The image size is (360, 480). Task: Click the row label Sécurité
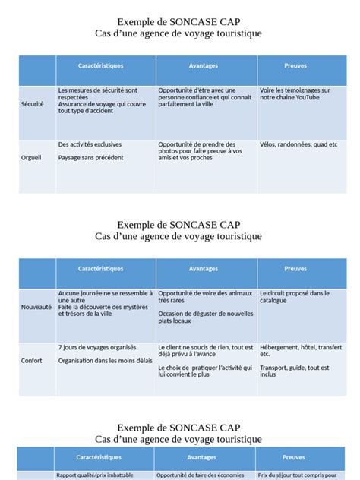[x=33, y=103]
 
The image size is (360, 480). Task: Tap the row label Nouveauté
[x=36, y=307]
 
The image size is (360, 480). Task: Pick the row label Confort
[x=32, y=361]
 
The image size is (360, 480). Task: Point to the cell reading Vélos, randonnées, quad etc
[x=298, y=144]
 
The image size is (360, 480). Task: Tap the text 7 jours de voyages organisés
[x=97, y=347]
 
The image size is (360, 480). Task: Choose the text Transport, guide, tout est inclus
[x=294, y=371]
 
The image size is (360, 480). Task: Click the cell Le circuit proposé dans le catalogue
[x=294, y=296]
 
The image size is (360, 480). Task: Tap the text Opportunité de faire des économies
[x=201, y=475]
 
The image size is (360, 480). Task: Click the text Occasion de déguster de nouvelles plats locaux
[x=206, y=317]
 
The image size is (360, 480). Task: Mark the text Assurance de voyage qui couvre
[x=102, y=103]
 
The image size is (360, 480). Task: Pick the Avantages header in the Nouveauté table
[x=204, y=269]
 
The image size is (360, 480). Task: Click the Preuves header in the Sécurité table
[x=295, y=66]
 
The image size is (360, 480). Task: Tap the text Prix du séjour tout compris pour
[x=297, y=475]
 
